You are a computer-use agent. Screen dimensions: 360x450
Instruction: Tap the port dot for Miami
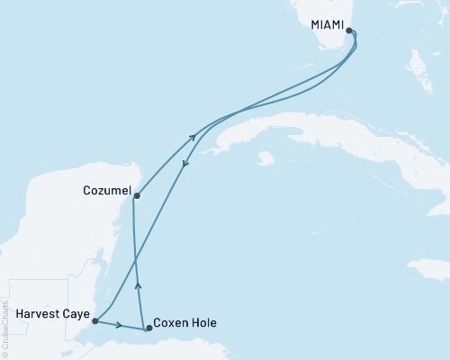coord(348,30)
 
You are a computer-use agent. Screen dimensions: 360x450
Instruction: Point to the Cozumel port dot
coord(136,194)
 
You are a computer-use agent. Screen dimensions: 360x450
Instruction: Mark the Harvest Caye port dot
coord(94,320)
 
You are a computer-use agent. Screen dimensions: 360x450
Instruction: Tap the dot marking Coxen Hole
coord(149,328)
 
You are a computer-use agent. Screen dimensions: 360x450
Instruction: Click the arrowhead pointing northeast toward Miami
coord(193,137)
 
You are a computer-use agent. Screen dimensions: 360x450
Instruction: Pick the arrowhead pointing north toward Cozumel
coord(137,285)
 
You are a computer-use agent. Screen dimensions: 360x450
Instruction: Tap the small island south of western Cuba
coord(264,159)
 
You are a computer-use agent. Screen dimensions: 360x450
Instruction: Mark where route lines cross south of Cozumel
coord(136,261)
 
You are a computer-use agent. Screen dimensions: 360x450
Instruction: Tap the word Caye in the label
coord(76,314)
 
